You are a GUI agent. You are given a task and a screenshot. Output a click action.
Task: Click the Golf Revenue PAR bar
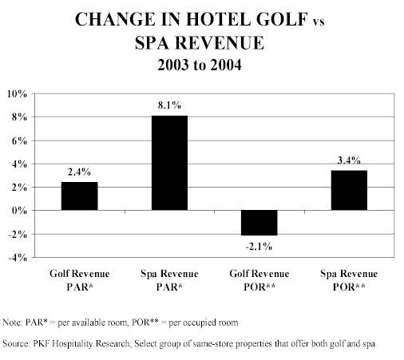pyautogui.click(x=79, y=196)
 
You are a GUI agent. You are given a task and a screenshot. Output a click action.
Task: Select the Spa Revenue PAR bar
pyautogui.click(x=169, y=163)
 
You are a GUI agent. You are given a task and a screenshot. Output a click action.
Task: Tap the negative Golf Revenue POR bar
pyautogui.click(x=259, y=223)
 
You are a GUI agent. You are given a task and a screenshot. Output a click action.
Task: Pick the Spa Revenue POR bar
pyautogui.click(x=349, y=190)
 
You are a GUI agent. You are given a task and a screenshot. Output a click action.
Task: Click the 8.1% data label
pyautogui.click(x=169, y=105)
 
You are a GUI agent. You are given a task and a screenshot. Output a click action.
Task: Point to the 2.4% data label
pyautogui.click(x=79, y=172)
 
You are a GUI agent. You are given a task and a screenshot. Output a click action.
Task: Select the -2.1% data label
pyautogui.click(x=259, y=247)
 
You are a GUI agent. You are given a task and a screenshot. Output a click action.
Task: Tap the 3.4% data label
pyautogui.click(x=349, y=160)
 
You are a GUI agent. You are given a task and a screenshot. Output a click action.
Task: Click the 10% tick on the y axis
pyautogui.click(x=18, y=94)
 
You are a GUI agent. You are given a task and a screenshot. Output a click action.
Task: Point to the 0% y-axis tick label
pyautogui.click(x=19, y=211)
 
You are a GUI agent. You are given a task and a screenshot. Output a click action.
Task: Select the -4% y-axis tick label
pyautogui.click(x=18, y=258)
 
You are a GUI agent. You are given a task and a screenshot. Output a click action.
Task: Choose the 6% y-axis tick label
pyautogui.click(x=19, y=140)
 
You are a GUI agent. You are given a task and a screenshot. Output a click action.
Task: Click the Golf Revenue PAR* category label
pyautogui.click(x=80, y=280)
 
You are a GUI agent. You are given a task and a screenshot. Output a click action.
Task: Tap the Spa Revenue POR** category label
pyautogui.click(x=349, y=280)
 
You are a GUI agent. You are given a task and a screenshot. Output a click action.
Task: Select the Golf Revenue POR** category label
pyautogui.click(x=259, y=280)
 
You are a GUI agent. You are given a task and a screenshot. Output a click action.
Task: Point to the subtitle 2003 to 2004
pyautogui.click(x=200, y=65)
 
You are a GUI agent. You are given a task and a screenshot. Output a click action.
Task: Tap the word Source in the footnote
pyautogui.click(x=16, y=343)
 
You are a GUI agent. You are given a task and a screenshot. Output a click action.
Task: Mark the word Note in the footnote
pyautogui.click(x=12, y=322)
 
